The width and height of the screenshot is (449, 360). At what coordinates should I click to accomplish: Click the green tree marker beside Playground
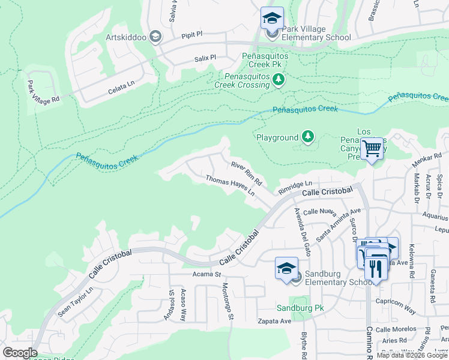[308, 137]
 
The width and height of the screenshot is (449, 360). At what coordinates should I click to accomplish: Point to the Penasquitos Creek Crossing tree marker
[278, 80]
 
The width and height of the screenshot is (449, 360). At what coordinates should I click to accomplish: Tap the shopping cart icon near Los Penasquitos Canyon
[372, 147]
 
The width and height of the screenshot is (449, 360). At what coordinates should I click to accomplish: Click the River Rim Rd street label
[247, 172]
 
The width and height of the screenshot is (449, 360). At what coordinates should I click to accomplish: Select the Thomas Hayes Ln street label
[231, 187]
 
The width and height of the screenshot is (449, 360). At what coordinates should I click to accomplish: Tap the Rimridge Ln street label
[295, 187]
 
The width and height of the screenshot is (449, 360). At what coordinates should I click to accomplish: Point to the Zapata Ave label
[274, 321]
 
